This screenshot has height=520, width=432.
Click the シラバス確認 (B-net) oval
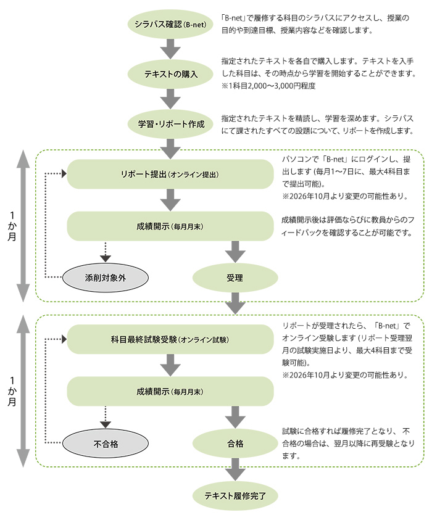(x=170, y=25)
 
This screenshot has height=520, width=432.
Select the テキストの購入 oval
(x=170, y=74)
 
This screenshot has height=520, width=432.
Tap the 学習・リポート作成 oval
(x=170, y=123)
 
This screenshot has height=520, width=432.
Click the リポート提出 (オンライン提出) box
(x=170, y=174)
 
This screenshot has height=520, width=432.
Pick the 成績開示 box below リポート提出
(x=170, y=226)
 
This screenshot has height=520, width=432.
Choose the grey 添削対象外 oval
(x=106, y=278)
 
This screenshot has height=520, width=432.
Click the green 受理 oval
(x=235, y=278)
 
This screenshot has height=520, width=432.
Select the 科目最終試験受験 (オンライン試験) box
(x=170, y=339)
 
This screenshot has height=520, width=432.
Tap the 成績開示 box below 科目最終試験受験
(x=170, y=392)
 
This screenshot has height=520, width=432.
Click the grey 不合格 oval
(x=106, y=444)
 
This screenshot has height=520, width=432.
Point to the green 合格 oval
(x=235, y=444)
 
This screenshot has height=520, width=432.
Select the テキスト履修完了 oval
(x=235, y=495)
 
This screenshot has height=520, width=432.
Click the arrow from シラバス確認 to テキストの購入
(x=170, y=49)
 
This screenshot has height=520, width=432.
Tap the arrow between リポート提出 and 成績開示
(x=170, y=200)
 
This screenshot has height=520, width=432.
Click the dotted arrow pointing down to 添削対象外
(x=106, y=252)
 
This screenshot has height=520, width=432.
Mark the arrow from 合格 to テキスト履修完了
(x=235, y=469)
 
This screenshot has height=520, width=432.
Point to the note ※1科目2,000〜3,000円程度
(x=268, y=86)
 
